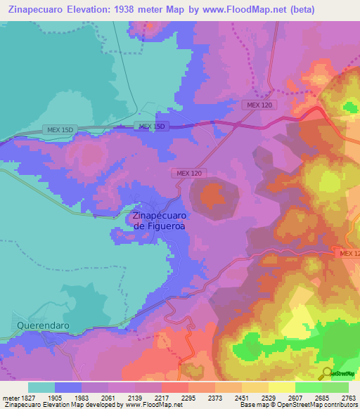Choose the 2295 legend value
tap(188, 397)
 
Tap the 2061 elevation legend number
tap(108, 397)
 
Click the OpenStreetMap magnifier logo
tap(326, 372)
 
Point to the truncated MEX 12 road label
tap(349, 253)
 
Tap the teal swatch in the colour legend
tap(41, 387)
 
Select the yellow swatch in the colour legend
tap(281, 387)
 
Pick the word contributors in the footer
tap(340, 405)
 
